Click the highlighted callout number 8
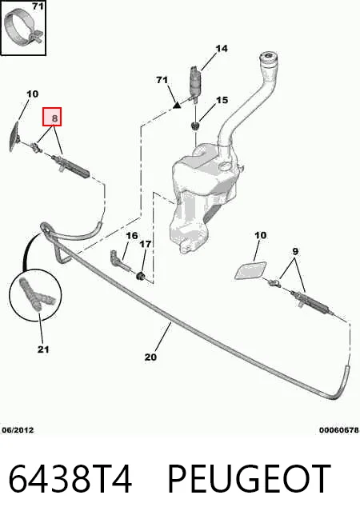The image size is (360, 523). coord(52,117)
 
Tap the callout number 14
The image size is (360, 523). coord(222,49)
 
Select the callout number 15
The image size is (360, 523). coord(222,100)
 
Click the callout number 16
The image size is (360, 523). coord(132,236)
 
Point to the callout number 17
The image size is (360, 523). coord(145,244)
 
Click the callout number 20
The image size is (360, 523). coord(150,357)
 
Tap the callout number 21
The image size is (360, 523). coord(43,349)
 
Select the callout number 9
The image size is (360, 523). coord(295,251)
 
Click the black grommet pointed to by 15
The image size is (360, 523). coord(195,126)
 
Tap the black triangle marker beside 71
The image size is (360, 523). coord(177,106)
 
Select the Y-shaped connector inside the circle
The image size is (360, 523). coord(36,294)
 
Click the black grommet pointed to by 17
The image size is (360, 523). coord(141,276)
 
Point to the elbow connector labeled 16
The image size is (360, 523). coord(119,261)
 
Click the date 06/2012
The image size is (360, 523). coord(18,430)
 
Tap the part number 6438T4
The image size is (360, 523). coord(70,479)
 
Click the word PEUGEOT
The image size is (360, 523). coord(250,479)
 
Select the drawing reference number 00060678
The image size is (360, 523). coord(339,430)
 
